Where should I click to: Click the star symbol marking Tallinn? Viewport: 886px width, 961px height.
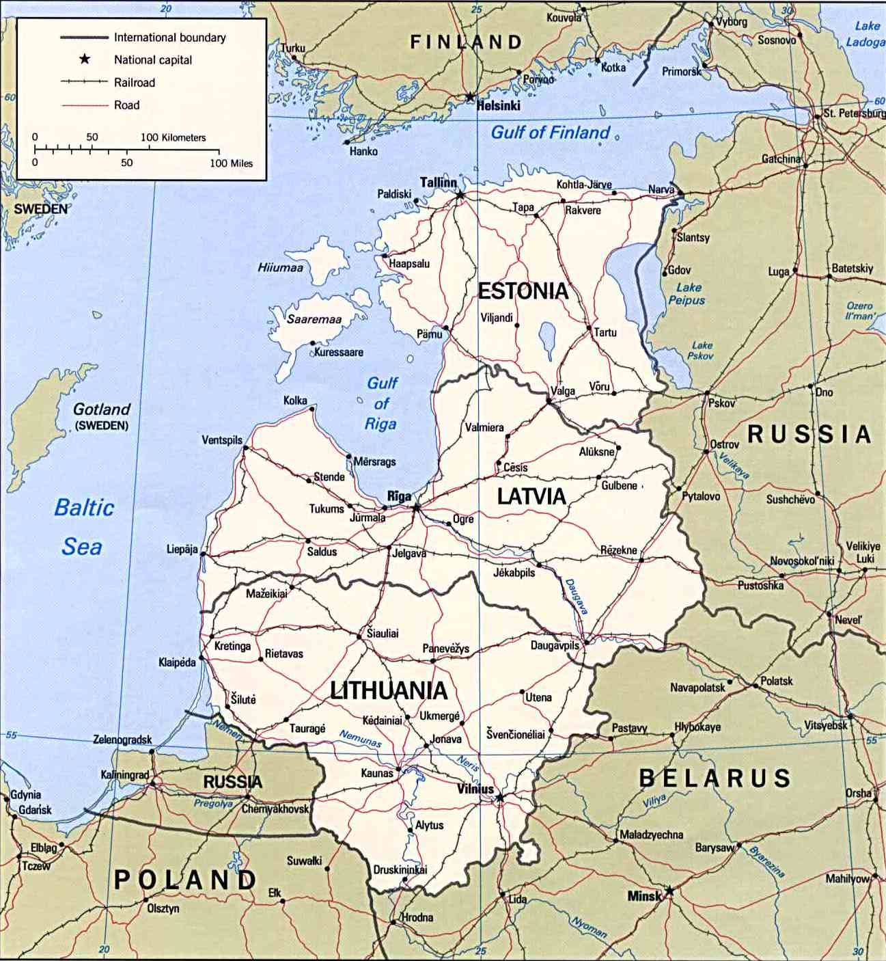460,195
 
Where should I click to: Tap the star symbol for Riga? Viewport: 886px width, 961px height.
416,508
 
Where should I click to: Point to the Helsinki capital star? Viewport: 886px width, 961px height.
470,97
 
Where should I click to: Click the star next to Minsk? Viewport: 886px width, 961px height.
669,891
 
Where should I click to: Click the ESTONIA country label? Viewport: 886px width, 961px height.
523,291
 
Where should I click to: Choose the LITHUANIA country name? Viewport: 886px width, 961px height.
389,690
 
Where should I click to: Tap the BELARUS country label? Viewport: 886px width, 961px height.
715,778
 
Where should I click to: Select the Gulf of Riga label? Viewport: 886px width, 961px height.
381,403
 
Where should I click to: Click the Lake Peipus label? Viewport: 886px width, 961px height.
687,294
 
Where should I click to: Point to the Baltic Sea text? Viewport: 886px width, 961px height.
83,526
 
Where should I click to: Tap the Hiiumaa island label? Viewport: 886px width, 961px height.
280,268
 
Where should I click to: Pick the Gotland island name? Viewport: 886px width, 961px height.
101,409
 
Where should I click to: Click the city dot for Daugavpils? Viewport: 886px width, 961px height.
586,642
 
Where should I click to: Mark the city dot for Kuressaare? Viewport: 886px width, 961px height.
313,343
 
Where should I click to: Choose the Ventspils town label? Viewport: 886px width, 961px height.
221,439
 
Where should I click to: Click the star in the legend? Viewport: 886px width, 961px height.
84,59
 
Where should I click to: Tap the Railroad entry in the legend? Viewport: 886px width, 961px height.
134,83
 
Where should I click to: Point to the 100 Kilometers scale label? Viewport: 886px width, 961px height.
173,137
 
